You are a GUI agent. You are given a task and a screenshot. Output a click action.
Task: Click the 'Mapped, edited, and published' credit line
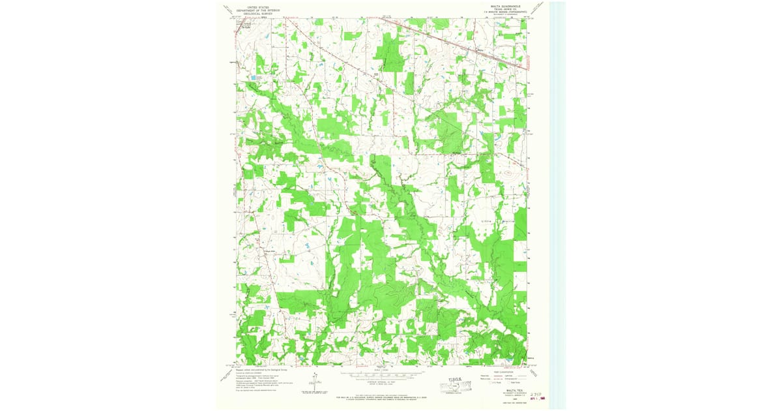tap(258, 369)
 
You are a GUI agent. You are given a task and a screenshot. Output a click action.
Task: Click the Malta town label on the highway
tap(482, 50)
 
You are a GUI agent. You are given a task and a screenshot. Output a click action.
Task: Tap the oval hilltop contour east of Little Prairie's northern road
tap(508, 174)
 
